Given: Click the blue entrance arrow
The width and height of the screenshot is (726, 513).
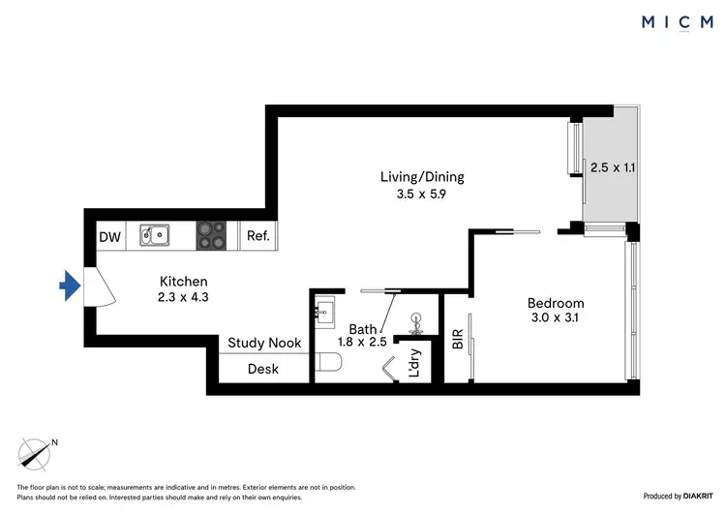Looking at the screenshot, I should [x=67, y=286].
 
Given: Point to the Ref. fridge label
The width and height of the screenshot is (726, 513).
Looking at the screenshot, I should [x=258, y=236].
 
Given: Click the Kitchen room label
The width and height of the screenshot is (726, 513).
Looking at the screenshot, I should [x=184, y=281].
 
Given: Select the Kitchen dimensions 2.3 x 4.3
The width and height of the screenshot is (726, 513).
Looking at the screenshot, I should [x=184, y=299].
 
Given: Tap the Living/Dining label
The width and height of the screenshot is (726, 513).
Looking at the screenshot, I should [x=422, y=176].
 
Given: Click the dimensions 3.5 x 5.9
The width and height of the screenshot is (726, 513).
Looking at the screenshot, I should [x=422, y=194].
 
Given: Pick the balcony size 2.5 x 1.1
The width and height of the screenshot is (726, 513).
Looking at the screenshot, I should [x=614, y=167].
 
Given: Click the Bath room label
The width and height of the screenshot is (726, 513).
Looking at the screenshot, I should [x=363, y=329].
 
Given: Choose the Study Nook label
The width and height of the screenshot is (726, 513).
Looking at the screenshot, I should [x=264, y=343].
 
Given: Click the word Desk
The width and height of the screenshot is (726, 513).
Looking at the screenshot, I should [x=263, y=369].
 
